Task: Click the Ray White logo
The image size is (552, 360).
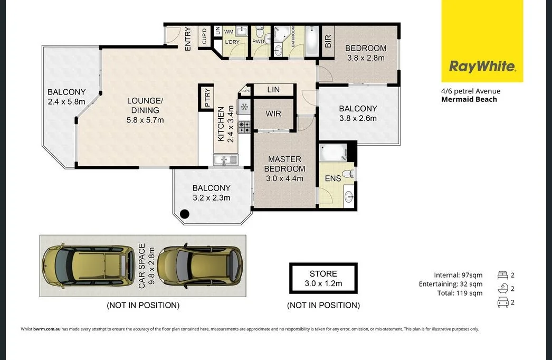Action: point(482,67)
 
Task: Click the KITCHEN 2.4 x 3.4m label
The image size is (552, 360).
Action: point(225,124)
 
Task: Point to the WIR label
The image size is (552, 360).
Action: point(273,113)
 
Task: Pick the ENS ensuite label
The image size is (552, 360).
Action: point(332,179)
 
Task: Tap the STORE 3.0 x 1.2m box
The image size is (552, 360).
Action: point(323,278)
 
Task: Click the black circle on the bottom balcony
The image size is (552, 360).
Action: point(185,214)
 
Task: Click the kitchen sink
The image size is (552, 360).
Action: point(226,159)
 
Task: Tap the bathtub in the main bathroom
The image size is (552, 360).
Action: point(311,41)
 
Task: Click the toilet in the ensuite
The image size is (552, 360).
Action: point(347,173)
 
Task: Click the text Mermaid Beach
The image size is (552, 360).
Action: point(469,99)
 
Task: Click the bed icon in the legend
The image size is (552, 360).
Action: point(502,274)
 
